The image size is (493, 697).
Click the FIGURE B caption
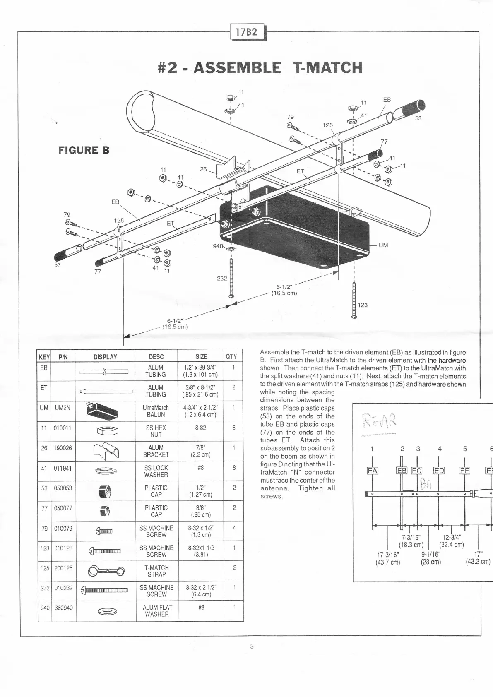(84, 150)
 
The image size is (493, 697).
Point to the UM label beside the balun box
(383, 245)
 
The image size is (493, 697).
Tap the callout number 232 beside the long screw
(222, 278)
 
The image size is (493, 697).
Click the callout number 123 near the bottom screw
(362, 305)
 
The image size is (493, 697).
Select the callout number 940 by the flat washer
(218, 246)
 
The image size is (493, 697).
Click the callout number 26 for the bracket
(203, 169)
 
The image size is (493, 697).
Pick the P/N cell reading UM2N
(63, 408)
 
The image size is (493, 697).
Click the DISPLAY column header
(105, 357)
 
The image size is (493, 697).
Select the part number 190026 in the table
(63, 448)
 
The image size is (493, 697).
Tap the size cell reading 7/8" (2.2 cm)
(200, 451)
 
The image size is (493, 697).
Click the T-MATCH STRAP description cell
(156, 571)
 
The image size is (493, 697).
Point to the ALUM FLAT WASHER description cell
(156, 610)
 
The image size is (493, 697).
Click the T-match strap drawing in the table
(106, 572)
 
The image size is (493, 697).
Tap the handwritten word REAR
(379, 422)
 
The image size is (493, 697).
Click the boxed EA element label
(373, 470)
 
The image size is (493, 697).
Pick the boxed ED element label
(439, 470)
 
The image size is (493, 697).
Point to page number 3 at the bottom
(252, 647)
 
